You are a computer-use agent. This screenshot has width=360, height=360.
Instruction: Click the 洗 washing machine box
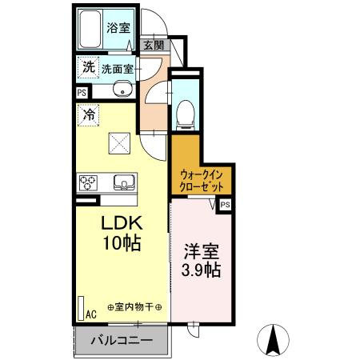coord(88,68)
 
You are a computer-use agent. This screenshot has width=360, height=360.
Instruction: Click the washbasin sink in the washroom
coord(122,90)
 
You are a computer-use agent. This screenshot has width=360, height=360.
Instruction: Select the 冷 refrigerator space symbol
coord(88,115)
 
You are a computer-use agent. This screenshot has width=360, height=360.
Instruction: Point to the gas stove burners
coord(89,182)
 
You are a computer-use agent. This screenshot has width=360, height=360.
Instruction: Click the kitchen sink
coord(123,182)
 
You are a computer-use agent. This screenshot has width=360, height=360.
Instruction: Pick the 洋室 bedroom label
coord(202,250)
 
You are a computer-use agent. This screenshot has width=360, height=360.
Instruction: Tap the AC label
coord(90,314)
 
